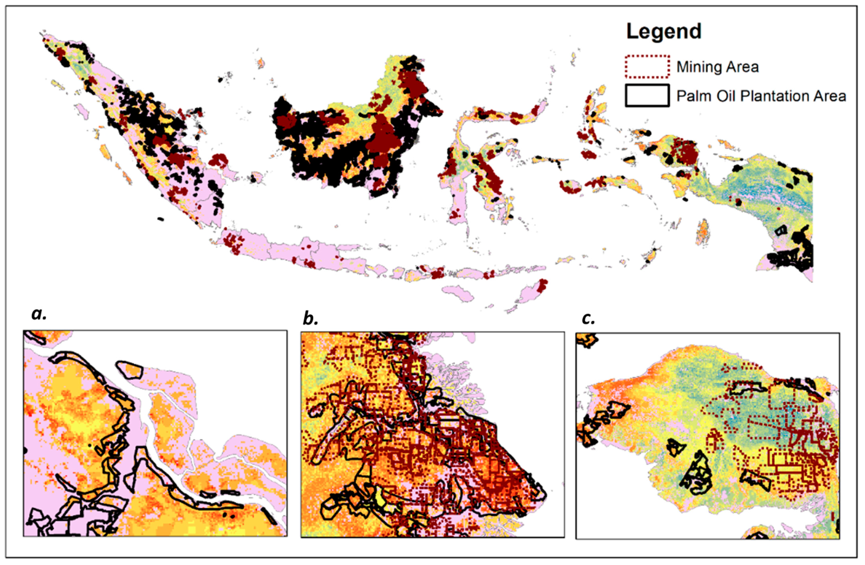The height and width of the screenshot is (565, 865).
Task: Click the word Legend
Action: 663,32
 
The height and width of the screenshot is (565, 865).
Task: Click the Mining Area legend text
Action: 717,67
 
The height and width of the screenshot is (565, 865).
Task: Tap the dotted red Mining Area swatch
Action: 647,67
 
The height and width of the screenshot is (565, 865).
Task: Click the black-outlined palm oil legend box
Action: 647,96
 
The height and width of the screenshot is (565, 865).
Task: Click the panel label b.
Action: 310,318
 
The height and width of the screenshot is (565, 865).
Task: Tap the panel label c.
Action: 588,318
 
